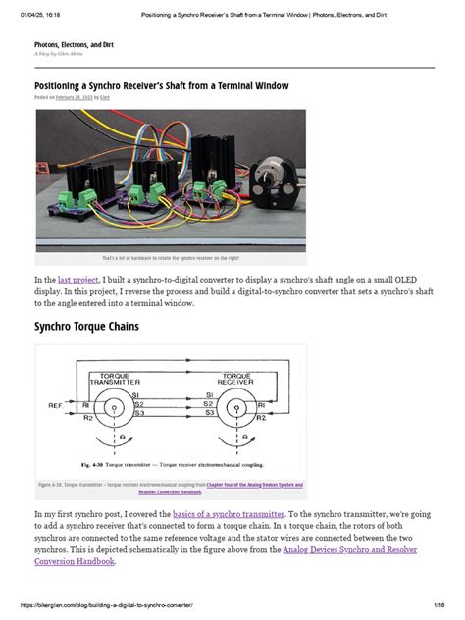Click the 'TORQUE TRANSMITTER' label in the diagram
coord(117,378)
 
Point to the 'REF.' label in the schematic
coord(57,403)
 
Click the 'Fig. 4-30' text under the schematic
coord(94,462)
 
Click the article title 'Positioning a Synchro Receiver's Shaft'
coord(161,86)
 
